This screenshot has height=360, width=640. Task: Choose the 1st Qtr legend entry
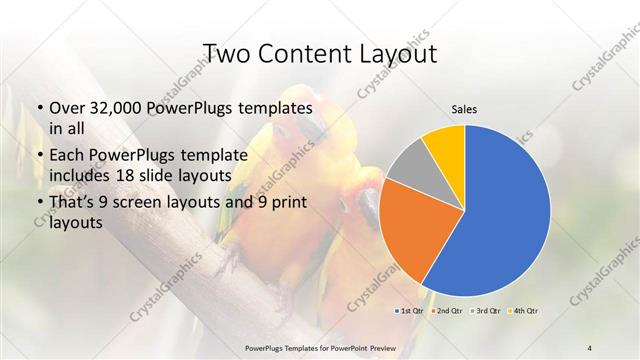tap(412, 312)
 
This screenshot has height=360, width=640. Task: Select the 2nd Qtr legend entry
tap(447, 312)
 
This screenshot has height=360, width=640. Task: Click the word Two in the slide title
tap(225, 53)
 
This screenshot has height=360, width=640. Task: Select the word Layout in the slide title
tap(396, 53)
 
